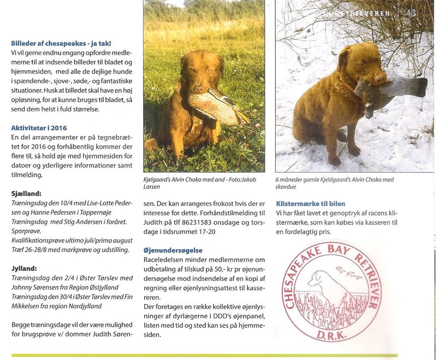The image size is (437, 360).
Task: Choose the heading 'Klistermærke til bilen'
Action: [310, 203]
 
